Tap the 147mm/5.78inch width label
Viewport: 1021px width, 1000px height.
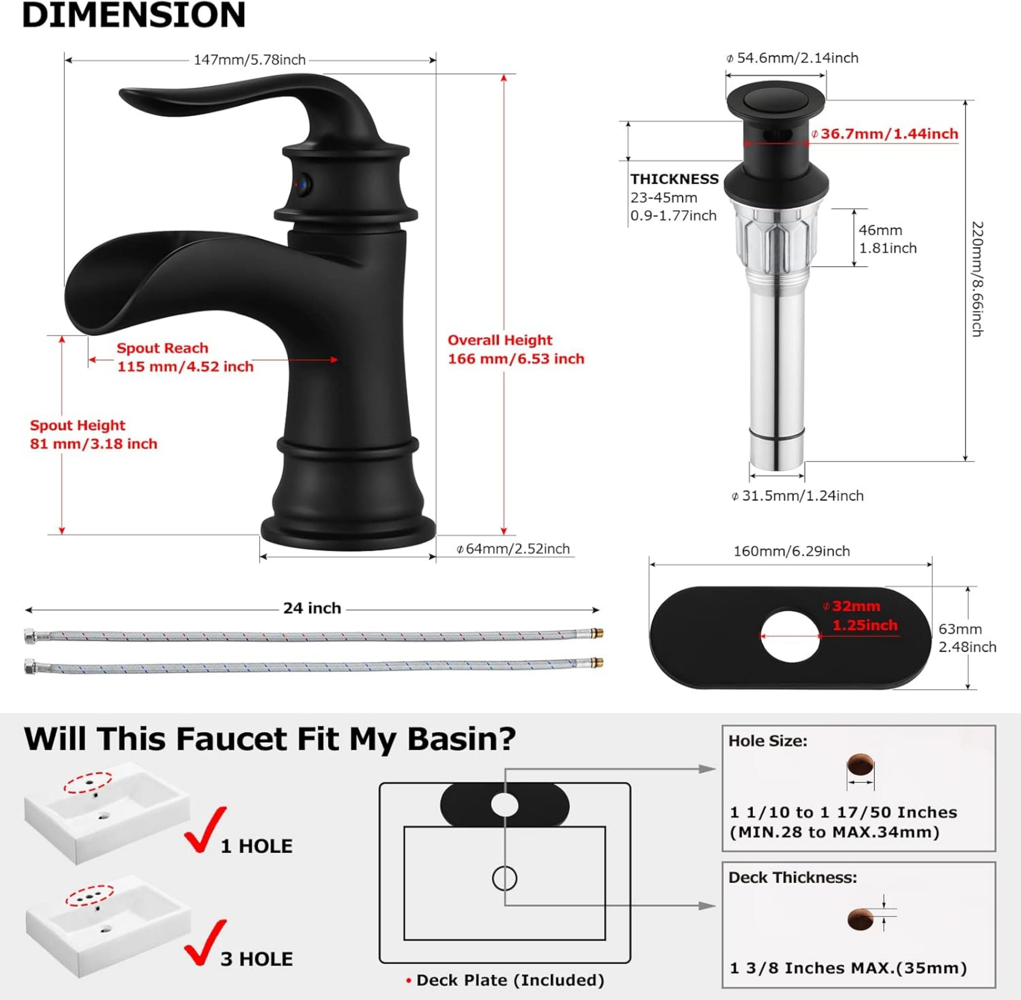(x=249, y=60)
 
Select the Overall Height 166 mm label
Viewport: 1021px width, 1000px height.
(x=516, y=349)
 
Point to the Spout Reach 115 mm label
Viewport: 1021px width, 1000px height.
(x=185, y=357)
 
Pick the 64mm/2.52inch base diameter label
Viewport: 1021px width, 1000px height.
(x=513, y=549)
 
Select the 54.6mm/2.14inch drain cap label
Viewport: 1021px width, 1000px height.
(x=792, y=58)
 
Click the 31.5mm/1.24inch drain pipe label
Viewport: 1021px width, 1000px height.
(x=797, y=496)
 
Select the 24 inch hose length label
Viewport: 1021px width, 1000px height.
(x=312, y=608)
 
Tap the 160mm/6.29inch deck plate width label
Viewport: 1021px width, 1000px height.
(x=791, y=551)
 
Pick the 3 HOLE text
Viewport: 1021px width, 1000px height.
(x=256, y=959)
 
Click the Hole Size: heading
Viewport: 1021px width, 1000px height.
(x=767, y=741)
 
